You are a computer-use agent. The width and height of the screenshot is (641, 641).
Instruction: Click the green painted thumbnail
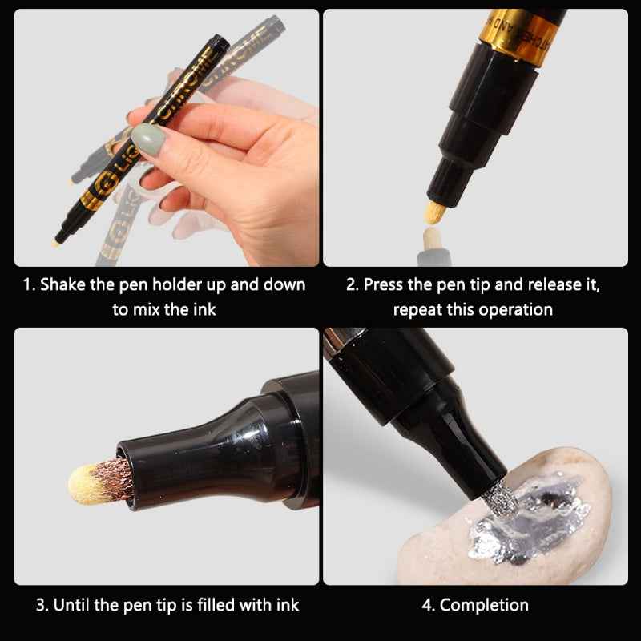pos(149,141)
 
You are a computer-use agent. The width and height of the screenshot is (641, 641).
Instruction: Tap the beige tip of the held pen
pos(58,238)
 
